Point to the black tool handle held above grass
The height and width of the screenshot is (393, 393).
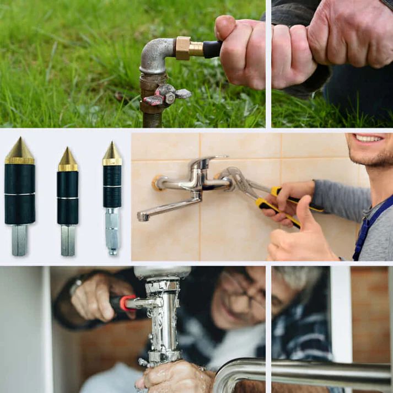tap(212, 50)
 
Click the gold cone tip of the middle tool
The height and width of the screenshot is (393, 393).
tap(68, 160)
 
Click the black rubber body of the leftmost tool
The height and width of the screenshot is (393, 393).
tap(20, 193)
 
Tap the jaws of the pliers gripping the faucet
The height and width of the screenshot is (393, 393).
tap(232, 177)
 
